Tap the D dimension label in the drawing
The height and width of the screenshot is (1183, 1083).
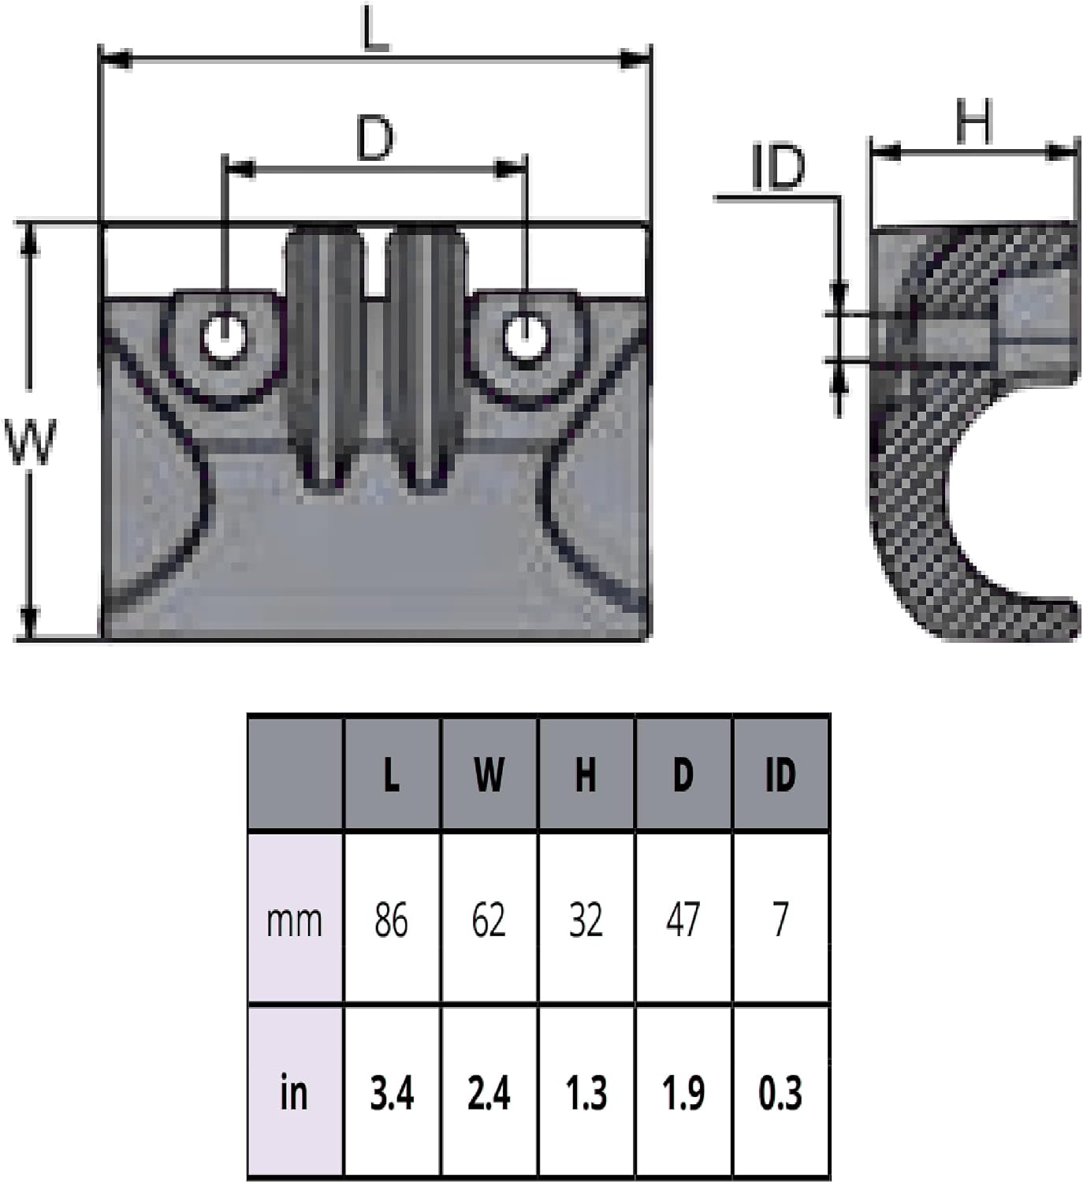(375, 139)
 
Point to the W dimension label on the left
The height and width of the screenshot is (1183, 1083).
(30, 442)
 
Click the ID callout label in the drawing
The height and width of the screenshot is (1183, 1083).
(778, 167)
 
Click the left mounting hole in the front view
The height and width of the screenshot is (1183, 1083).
(224, 338)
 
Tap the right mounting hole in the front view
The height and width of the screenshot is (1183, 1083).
(526, 338)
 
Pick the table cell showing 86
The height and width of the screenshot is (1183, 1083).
(391, 920)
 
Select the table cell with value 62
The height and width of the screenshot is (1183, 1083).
(489, 920)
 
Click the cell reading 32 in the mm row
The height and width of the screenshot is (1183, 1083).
(586, 920)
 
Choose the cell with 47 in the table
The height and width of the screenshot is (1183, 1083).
(683, 920)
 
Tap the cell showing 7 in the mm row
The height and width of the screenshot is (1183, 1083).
(780, 920)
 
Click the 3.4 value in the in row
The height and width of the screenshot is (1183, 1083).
(392, 1093)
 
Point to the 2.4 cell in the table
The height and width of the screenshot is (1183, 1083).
(489, 1093)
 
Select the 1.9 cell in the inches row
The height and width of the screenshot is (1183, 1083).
(683, 1093)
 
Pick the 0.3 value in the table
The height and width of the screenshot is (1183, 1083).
(780, 1093)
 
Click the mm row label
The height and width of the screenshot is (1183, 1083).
(294, 921)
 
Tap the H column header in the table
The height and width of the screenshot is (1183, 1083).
(586, 774)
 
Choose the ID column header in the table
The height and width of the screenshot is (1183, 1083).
(780, 774)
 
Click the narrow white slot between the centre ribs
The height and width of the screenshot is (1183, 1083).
(376, 262)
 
